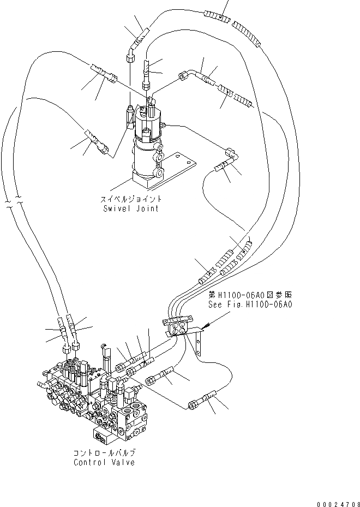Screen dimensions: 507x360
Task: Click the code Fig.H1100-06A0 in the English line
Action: click(259, 305)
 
